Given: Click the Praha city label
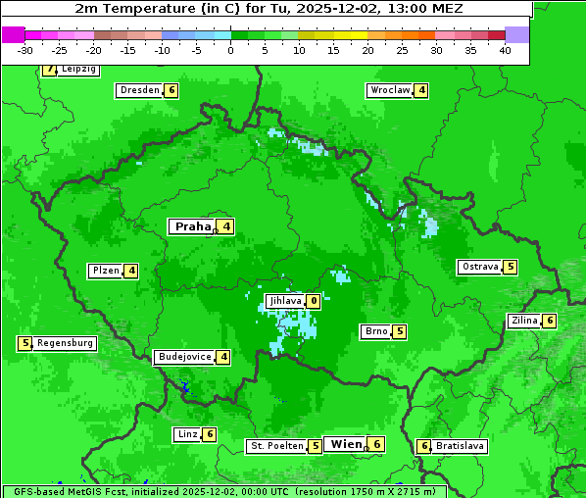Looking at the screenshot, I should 192,226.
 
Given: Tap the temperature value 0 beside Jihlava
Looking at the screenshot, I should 314,301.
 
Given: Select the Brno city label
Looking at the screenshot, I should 375,331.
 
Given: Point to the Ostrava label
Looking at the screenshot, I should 479,267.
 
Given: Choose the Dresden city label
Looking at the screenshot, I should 139,90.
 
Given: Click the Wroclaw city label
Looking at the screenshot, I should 389,90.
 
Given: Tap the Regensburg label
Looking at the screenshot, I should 66,343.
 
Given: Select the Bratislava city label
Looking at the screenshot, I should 460,446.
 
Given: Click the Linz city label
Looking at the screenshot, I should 186,434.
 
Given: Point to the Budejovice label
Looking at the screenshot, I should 184,357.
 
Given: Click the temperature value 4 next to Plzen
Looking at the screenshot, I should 130,271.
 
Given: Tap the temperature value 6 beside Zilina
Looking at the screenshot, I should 550,321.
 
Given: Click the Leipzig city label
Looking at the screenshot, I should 77,70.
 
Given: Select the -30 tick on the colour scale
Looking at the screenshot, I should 25,50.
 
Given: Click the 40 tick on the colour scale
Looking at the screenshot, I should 505,50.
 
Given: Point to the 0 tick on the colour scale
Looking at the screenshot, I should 230,50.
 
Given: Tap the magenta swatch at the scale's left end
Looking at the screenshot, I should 13,34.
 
